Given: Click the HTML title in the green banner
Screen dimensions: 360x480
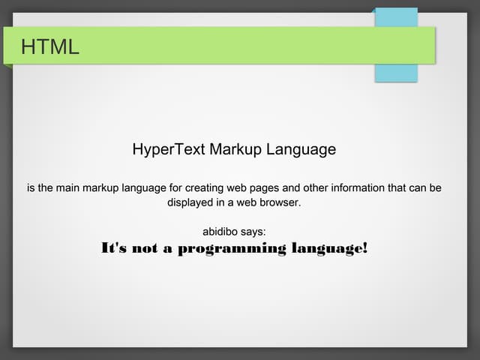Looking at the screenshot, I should coord(49,47).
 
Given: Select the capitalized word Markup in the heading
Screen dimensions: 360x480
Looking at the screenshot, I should coord(234,149).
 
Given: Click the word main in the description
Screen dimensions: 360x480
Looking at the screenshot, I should coord(71,187).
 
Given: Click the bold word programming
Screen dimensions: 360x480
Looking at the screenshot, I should coord(232,249).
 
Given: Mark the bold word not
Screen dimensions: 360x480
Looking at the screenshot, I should coord(144,249).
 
